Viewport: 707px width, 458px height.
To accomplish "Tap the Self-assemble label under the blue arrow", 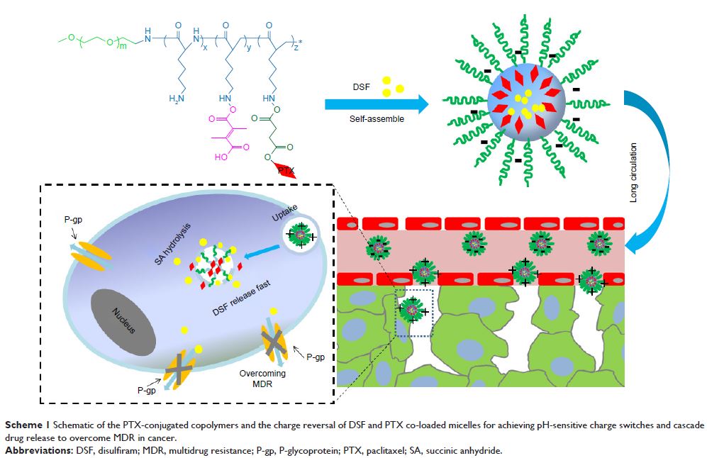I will point(377,119).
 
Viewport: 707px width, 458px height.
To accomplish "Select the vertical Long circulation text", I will point(633,174).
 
